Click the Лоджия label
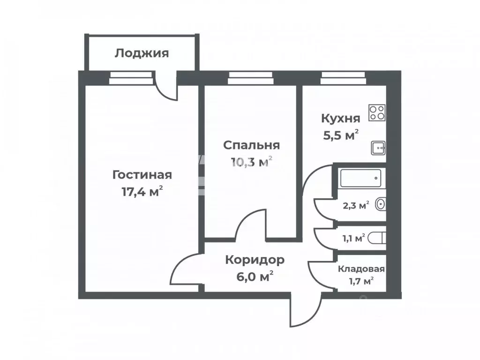[x=142, y=53]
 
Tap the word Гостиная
[x=142, y=175]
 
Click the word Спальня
[x=251, y=145]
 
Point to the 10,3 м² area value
[x=251, y=162]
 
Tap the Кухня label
[x=341, y=118]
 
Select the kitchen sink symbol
[x=378, y=148]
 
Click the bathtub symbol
[x=360, y=178]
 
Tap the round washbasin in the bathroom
[x=381, y=204]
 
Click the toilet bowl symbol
[x=377, y=238]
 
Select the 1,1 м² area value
[x=353, y=239]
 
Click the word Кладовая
[x=361, y=269]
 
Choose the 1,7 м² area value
[x=361, y=281]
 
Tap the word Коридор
[x=255, y=260]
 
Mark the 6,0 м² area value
[x=255, y=277]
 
